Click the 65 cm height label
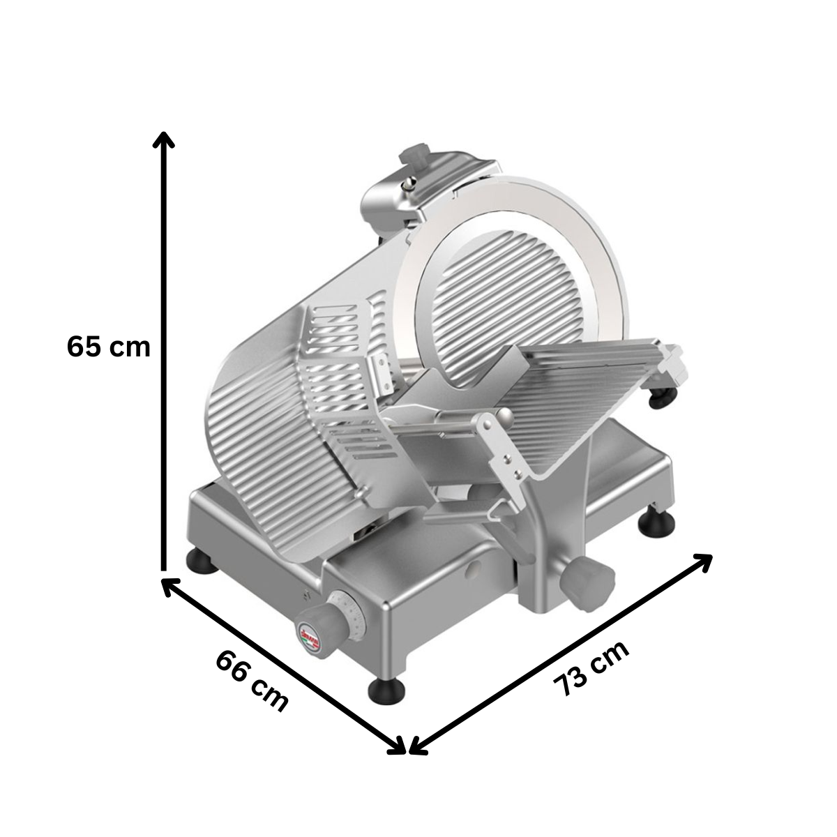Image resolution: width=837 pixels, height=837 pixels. point(108,347)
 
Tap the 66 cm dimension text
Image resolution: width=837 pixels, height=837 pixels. point(251,680)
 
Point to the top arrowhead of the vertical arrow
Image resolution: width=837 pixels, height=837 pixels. point(164,139)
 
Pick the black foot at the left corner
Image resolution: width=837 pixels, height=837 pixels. point(204,560)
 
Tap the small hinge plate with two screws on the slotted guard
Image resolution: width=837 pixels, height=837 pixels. point(380,370)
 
